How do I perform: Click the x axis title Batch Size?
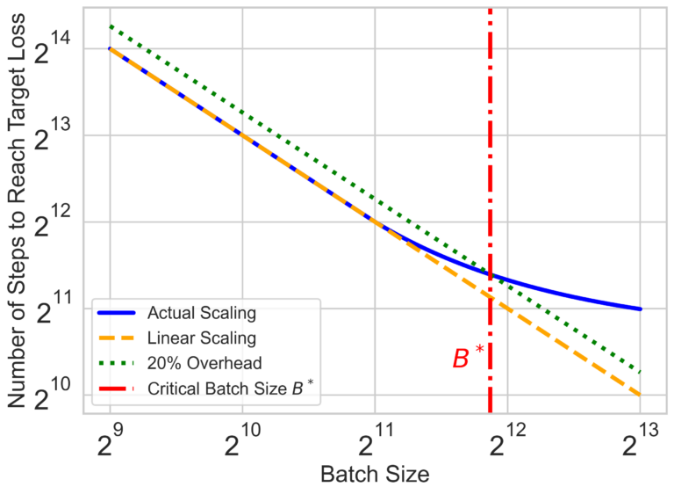375,476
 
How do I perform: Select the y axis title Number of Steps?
18,215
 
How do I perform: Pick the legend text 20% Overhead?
198,363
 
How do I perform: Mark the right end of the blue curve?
640,309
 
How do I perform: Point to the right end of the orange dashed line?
640,395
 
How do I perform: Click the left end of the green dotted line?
110,25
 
